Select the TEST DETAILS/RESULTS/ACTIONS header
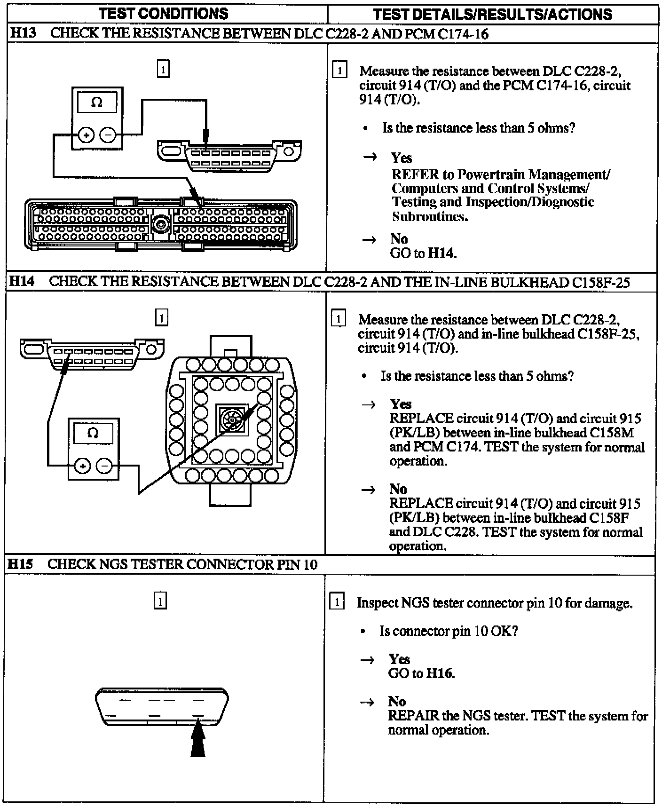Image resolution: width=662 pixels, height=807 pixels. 492,14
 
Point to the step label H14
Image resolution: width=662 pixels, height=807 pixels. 22,281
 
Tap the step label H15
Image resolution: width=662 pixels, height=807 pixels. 21,564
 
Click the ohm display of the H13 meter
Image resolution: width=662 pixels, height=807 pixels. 97,103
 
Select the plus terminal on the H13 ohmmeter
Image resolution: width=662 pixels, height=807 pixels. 85,135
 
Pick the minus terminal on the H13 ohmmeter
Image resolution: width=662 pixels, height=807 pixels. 108,135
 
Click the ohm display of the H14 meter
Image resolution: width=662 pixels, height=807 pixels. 93,433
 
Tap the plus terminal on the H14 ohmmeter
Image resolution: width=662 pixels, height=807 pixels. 82,466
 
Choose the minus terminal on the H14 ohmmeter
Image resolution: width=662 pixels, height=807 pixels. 104,466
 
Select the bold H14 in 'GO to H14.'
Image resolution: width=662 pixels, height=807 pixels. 441,253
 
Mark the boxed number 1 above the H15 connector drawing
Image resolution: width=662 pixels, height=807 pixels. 160,601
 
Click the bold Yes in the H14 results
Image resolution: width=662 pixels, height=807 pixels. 401,404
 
